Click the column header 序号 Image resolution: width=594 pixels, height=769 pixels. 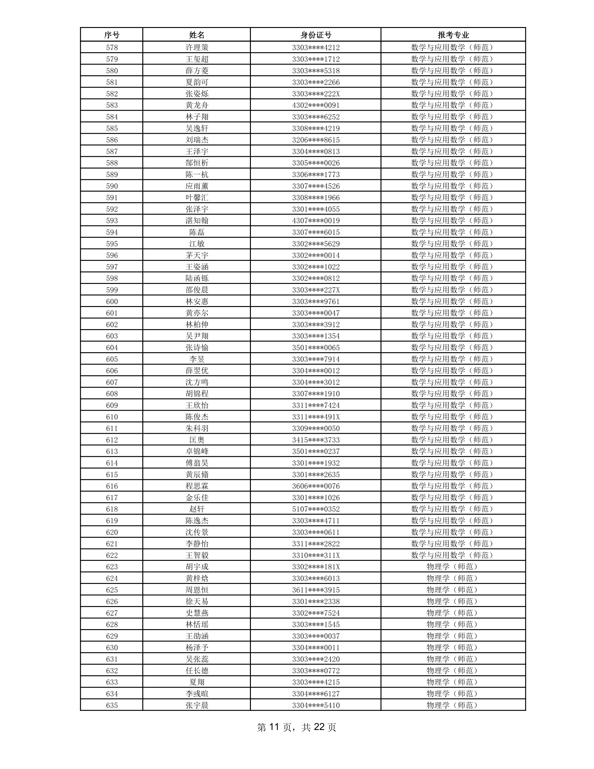pos(112,35)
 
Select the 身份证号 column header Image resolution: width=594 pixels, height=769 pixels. pos(316,35)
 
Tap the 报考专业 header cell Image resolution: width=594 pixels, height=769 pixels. pos(453,35)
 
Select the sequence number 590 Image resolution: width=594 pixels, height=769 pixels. pos(112,186)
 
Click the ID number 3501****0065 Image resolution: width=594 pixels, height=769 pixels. pos(316,348)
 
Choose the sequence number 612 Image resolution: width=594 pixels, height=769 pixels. pos(112,440)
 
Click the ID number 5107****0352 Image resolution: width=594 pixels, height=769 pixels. pos(316,509)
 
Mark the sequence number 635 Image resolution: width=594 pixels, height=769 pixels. pos(112,706)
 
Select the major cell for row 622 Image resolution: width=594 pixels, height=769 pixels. pos(453,555)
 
